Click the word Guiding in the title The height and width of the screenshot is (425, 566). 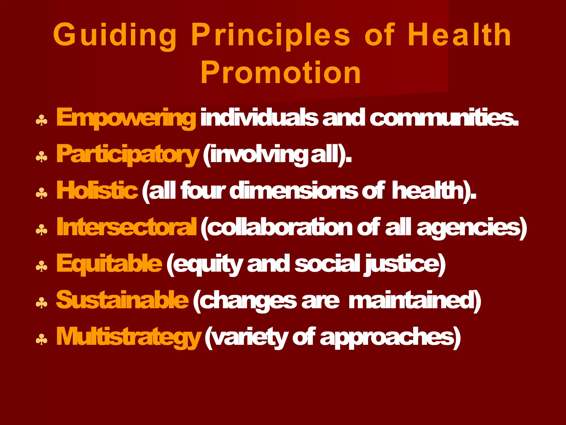coord(115,35)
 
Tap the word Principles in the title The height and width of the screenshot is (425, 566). coord(271,35)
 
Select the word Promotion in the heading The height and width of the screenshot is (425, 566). coord(281,72)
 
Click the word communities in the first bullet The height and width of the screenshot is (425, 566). coord(443,118)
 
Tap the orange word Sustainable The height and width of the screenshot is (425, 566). coord(122,300)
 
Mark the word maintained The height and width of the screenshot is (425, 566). coord(413,301)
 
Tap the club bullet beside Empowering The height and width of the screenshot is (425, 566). coord(41,121)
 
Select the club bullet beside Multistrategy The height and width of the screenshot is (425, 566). coord(41,340)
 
